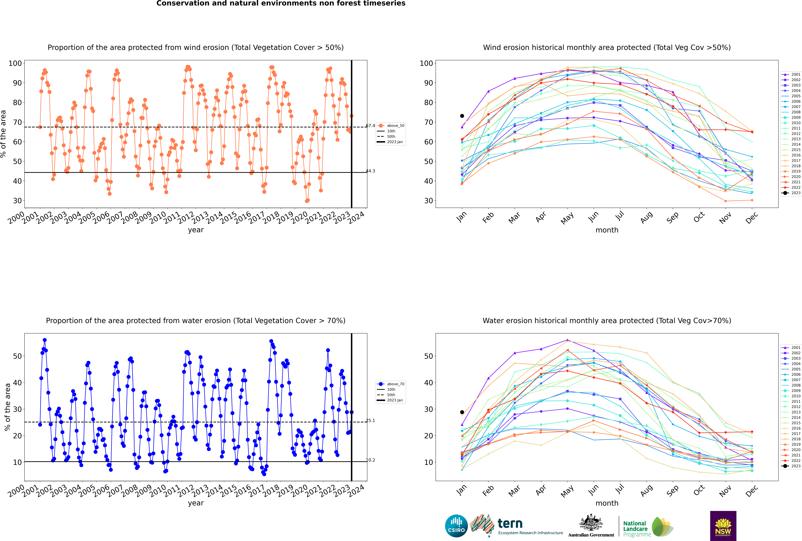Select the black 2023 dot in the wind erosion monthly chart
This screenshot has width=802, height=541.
(x=462, y=116)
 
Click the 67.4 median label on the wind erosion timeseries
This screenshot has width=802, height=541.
(x=370, y=126)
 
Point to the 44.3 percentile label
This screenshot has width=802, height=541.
(x=370, y=171)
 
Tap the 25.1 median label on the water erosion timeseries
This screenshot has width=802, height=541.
(x=370, y=421)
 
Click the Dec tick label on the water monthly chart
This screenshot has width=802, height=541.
(x=752, y=490)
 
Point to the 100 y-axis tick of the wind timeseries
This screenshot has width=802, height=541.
(x=15, y=63)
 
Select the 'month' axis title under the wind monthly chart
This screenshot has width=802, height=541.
(x=607, y=230)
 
